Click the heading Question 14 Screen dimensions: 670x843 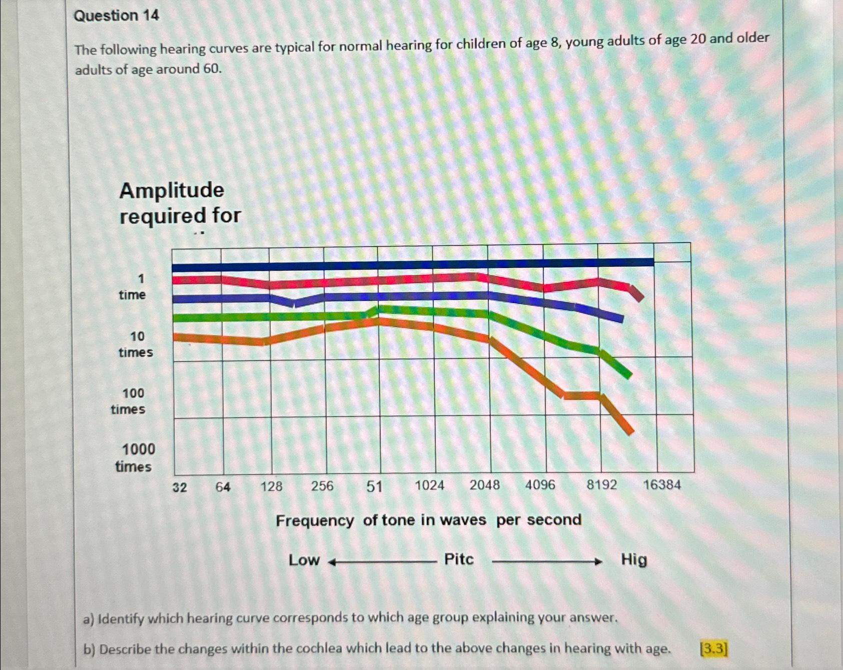click(x=116, y=16)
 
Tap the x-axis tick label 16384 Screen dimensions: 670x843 click(x=661, y=484)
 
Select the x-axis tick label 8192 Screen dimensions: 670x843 click(x=601, y=484)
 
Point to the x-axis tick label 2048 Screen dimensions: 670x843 click(x=484, y=484)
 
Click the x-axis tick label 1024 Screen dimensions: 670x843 click(x=429, y=485)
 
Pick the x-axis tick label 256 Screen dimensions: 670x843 click(x=322, y=485)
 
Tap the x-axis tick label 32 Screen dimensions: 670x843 click(x=180, y=487)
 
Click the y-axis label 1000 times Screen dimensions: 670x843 click(x=135, y=457)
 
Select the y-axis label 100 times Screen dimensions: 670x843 click(x=129, y=401)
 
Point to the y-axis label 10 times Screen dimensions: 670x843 click(x=136, y=344)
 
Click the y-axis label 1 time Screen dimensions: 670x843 click(x=133, y=286)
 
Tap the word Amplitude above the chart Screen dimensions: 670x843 click(x=172, y=190)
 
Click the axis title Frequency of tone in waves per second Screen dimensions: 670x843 click(x=428, y=520)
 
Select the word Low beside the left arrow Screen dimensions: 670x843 click(x=304, y=560)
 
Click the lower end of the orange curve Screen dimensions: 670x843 click(x=631, y=431)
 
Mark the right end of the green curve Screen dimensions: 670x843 click(x=628, y=374)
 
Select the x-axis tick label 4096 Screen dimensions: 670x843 click(x=540, y=484)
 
